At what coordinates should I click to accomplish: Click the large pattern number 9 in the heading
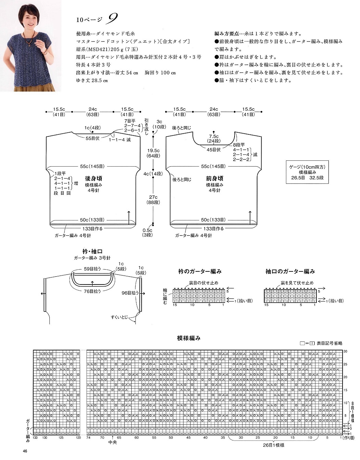pos(112,19)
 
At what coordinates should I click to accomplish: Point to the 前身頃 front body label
pos(214,179)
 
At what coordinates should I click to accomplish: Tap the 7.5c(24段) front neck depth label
pos(214,138)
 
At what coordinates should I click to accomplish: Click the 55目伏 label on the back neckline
pos(93,138)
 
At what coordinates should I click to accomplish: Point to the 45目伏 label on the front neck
pos(214,149)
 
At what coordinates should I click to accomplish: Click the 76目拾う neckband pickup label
pos(92,291)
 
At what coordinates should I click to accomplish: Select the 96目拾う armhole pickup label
pos(130,293)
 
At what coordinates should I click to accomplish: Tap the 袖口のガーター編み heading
pos(290,271)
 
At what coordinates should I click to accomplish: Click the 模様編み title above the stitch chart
pos(189,338)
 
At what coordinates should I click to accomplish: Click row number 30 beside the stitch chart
pos(345,351)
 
